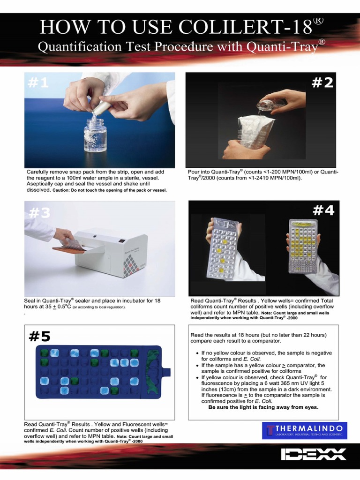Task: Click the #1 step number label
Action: pos(38,83)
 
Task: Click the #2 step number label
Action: pos(322,83)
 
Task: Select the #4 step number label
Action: pos(323,211)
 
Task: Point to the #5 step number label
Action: pos(39,336)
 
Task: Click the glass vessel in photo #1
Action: pos(95,135)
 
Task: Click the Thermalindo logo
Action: pos(305,430)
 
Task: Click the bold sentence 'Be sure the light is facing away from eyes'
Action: pos(263,407)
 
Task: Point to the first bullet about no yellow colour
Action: pos(266,356)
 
